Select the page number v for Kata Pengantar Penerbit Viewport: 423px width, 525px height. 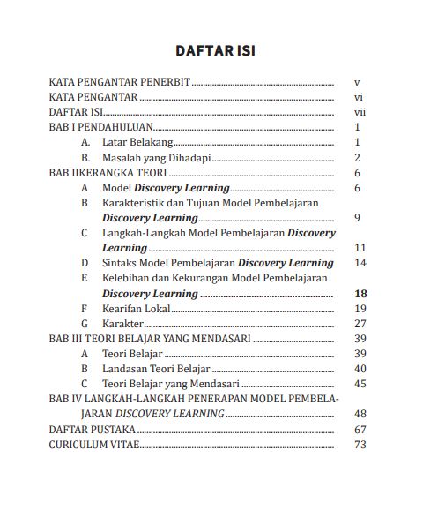357,82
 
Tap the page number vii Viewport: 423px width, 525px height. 359,112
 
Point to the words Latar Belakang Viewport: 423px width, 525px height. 137,142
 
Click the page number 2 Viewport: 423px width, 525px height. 358,158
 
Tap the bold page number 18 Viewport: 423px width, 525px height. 359,293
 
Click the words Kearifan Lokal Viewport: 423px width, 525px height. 136,308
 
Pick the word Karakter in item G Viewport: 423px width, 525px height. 122,324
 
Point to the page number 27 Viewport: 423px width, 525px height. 359,324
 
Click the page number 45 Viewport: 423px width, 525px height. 359,384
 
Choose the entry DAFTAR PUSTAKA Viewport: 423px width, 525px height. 92,429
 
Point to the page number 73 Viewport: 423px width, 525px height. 359,444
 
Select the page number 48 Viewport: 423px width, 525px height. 359,414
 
